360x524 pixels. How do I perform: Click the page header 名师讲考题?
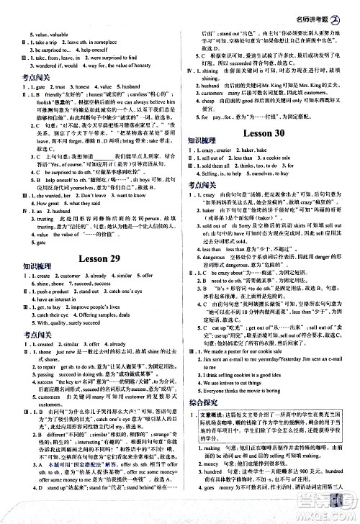[317, 9]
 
